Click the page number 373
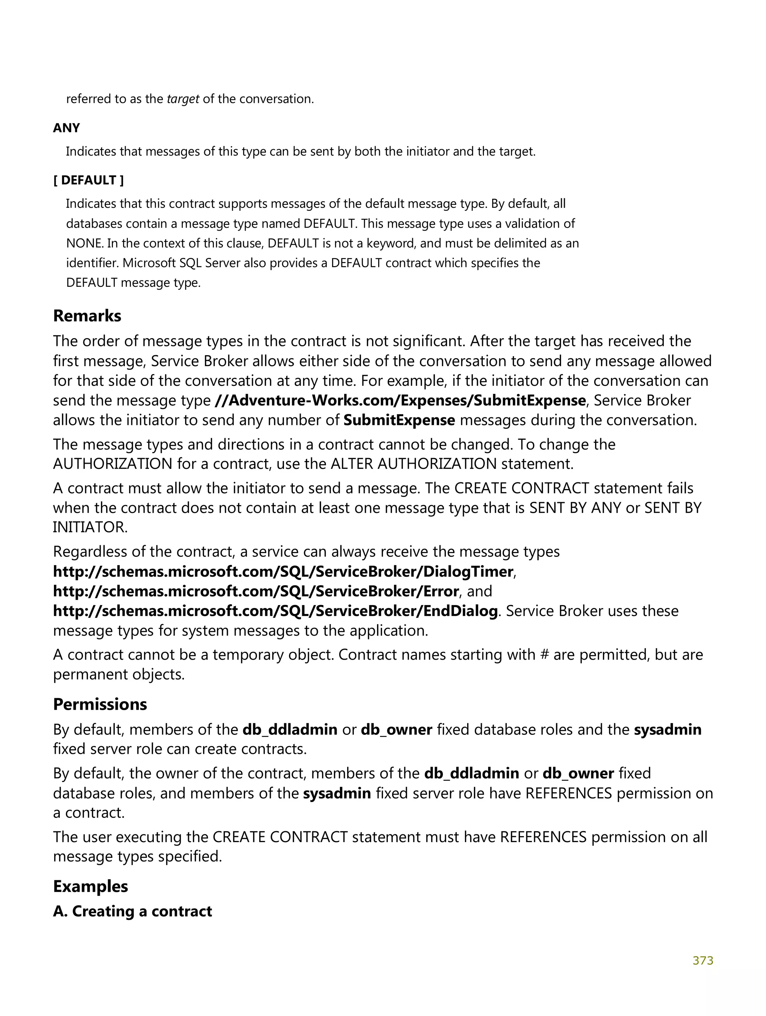point(702,960)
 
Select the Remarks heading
point(87,316)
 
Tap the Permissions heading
point(100,704)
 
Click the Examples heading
point(91,886)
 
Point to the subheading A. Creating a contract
point(132,911)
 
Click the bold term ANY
point(66,128)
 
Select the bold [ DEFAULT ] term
point(88,180)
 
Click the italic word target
point(183,99)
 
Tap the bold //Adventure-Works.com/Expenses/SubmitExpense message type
point(400,400)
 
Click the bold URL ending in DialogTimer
point(283,571)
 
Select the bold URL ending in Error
point(256,591)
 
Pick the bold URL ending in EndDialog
point(275,611)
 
